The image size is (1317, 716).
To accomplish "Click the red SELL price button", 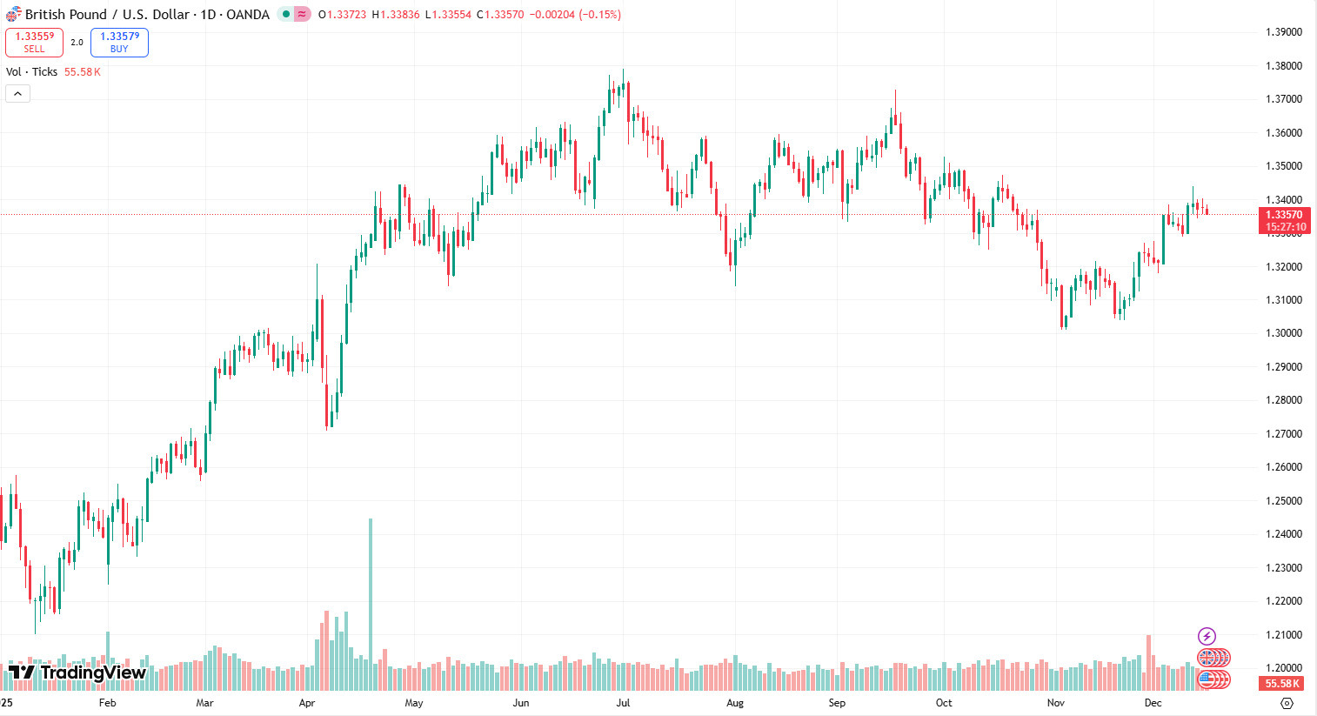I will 34,42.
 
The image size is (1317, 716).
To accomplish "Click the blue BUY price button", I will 119,42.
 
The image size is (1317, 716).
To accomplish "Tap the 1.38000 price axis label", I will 1283,66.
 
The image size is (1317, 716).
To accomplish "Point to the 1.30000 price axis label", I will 1283,333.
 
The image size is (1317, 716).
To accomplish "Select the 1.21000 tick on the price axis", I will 1283,635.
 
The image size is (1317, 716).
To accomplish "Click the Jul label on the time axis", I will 623,703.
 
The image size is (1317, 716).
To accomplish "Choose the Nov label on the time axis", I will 1055,703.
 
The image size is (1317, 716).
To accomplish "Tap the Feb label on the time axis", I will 107,703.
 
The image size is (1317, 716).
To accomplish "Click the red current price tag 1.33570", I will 1283,215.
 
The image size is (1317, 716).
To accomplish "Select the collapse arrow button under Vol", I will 17,93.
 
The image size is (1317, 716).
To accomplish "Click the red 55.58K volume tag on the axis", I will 1282,684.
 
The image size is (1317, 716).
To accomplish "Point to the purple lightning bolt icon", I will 1207,637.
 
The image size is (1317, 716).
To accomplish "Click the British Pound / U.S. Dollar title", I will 147,15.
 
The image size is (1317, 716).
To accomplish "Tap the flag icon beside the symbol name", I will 13,15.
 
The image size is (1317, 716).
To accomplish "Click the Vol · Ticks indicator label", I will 31,72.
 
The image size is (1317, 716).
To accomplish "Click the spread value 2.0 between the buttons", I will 77,43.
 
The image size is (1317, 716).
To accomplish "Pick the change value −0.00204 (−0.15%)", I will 575,15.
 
